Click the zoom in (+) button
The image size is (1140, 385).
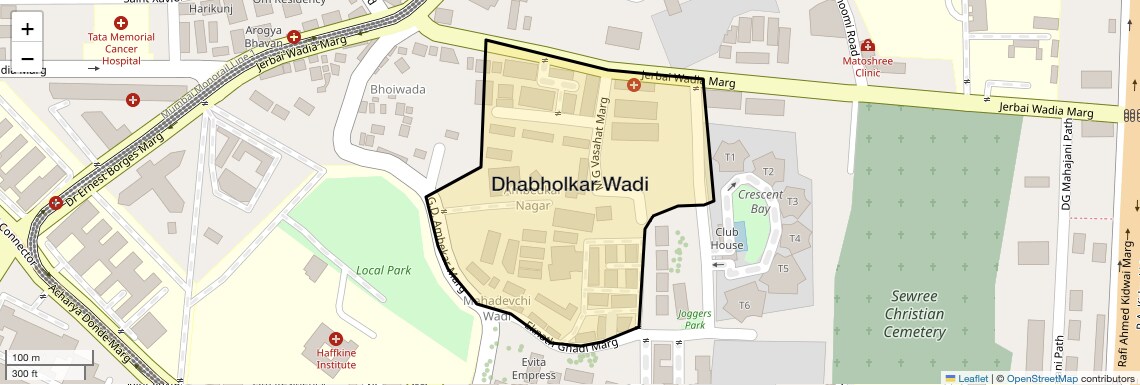point(28,29)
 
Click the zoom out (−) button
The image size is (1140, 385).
point(28,57)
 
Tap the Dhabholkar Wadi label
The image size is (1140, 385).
point(569,184)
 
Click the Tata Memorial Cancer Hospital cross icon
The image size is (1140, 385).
point(121,22)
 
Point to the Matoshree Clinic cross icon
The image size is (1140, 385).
point(867,46)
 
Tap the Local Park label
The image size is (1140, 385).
point(384,270)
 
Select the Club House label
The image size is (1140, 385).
point(727,238)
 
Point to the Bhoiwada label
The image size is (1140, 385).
point(398,89)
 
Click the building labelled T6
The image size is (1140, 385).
point(743,305)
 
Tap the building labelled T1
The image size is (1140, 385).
point(730,157)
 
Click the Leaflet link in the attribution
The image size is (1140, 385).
point(966,378)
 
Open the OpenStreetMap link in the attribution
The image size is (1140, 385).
point(1041,378)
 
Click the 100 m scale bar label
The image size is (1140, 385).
point(26,357)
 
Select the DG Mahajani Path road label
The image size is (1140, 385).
point(1067,164)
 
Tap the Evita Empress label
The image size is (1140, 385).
point(533,368)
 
